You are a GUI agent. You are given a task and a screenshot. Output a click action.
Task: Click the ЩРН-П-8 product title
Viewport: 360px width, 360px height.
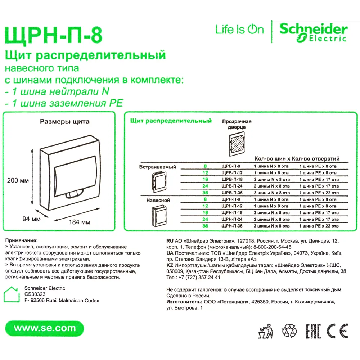pos(53,36)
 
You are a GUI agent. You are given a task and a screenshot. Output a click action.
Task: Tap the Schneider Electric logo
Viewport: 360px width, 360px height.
pos(313,32)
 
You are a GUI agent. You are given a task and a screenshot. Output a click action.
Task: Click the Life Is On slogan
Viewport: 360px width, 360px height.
pos(240,30)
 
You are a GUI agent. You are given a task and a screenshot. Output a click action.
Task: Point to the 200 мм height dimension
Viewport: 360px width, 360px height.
pos(18,180)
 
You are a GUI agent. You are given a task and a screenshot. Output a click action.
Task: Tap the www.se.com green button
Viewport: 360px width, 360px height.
pos(45,328)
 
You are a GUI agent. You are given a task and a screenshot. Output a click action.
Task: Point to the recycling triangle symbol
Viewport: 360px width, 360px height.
pos(289,330)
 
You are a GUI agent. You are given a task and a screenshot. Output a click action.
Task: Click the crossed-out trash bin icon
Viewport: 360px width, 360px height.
pos(266,330)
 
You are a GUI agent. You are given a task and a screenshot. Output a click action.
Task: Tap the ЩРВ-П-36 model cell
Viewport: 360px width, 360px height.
pos(231,193)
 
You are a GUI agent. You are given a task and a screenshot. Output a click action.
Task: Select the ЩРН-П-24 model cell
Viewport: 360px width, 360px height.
pos(231,219)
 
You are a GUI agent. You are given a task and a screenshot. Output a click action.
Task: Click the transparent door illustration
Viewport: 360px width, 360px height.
pos(237,145)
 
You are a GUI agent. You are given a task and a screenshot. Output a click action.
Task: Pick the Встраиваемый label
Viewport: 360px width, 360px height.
pos(158,167)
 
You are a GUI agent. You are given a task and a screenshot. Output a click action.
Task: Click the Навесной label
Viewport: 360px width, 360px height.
pos(158,200)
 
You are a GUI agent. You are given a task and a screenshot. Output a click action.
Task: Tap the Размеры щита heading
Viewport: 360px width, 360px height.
pos(64,122)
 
